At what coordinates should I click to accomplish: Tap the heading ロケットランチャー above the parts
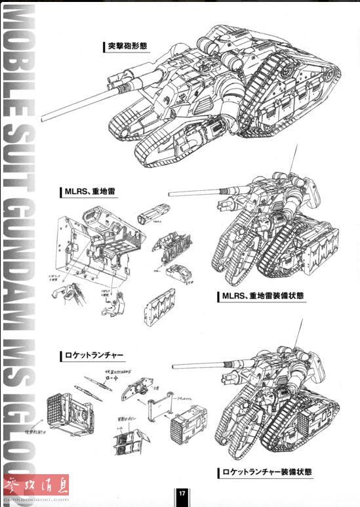point(94,356)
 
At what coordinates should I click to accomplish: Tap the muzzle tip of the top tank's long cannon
point(42,121)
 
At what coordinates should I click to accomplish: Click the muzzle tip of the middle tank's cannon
point(170,193)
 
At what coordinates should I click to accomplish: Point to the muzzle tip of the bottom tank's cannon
point(173,367)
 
